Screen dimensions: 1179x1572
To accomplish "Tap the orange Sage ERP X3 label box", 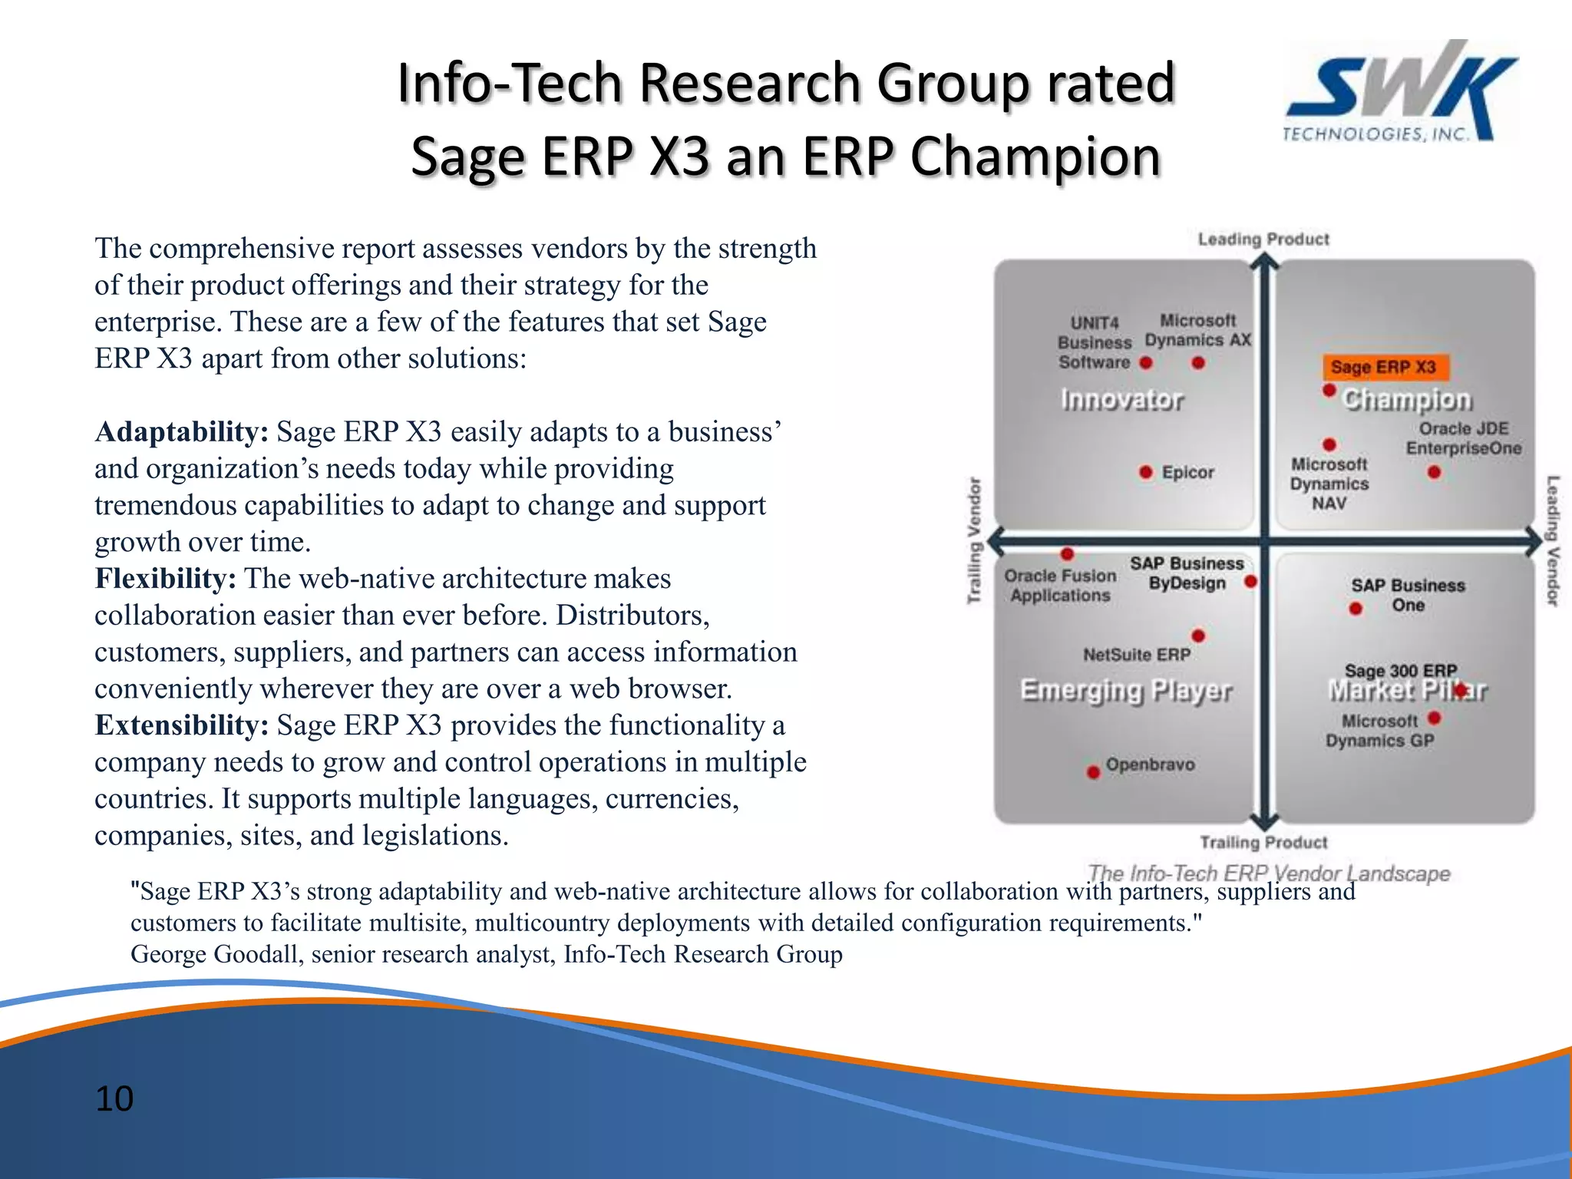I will (1384, 367).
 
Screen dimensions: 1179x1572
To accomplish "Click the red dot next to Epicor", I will (1146, 472).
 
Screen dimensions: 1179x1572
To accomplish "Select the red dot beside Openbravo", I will (1093, 771).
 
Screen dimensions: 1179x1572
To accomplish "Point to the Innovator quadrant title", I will (1121, 400).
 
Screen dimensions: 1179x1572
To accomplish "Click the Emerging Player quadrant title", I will (1126, 691).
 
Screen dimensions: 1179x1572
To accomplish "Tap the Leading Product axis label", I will (1263, 239).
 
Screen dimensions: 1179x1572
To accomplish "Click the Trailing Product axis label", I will (1263, 843).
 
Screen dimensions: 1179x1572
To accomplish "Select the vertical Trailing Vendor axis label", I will (974, 540).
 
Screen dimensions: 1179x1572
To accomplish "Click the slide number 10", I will (114, 1098).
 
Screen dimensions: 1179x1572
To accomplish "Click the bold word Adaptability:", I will (181, 432).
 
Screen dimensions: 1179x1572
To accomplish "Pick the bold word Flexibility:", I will (165, 579).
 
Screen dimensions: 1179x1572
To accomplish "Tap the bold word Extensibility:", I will (181, 725).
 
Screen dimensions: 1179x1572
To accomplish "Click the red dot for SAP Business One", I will (1356, 609).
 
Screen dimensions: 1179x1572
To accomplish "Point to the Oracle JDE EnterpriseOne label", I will (1463, 438).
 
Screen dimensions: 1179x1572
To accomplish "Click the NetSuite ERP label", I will (1136, 655).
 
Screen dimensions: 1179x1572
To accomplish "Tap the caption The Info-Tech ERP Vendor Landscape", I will (1268, 874).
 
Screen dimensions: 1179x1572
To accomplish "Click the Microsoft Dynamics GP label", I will (1379, 731).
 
